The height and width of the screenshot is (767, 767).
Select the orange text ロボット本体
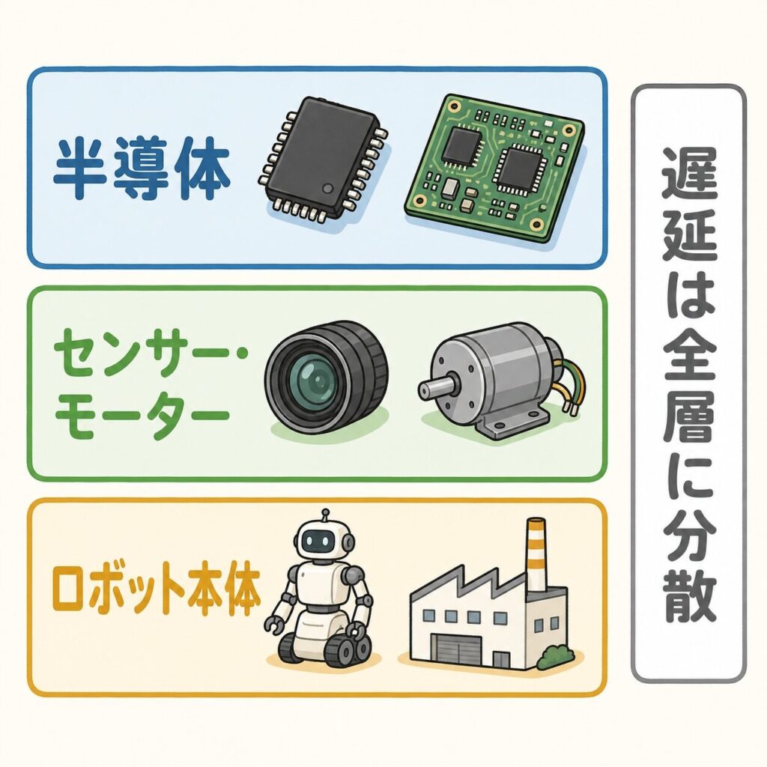click(x=156, y=593)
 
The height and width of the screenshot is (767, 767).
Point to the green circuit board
click(x=494, y=166)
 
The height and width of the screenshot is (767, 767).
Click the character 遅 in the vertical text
click(x=689, y=172)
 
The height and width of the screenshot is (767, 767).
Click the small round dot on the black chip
click(x=328, y=188)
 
